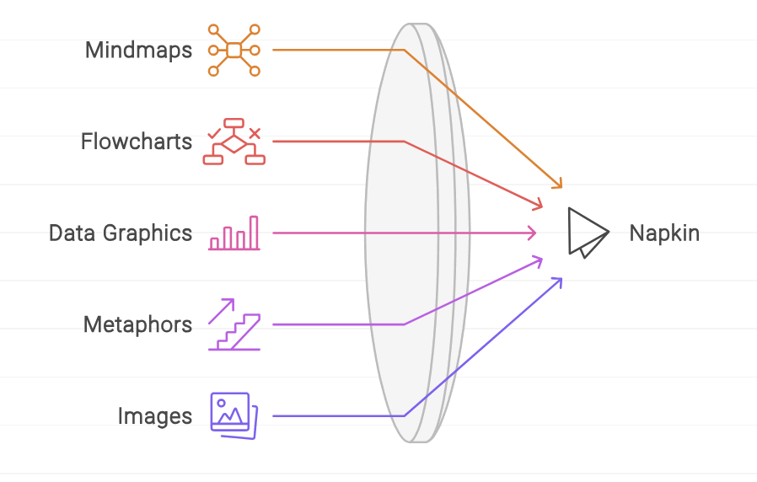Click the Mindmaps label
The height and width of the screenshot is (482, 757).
[138, 50]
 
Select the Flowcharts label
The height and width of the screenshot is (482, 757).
[137, 141]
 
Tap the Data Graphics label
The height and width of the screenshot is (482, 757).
[121, 233]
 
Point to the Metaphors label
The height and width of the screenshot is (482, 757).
[137, 324]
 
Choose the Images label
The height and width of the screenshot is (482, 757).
[154, 415]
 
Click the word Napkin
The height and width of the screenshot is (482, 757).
[664, 233]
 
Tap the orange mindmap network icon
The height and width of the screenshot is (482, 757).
[234, 51]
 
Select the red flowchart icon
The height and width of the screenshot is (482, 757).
[234, 142]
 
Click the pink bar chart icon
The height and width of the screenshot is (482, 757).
[234, 233]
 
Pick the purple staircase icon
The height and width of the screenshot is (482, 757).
[234, 324]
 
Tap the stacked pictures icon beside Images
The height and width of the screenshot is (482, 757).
[234, 413]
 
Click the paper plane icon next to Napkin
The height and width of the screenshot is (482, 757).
[587, 233]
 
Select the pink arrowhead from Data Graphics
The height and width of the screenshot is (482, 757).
[533, 233]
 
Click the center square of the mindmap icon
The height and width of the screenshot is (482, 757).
[234, 51]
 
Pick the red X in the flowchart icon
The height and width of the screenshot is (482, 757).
[255, 132]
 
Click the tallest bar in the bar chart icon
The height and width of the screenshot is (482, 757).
[254, 233]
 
